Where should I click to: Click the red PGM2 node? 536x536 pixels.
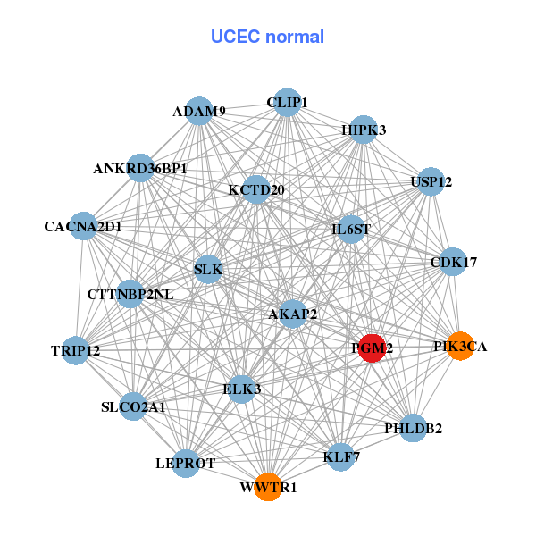(x=372, y=348)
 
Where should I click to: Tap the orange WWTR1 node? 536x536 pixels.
(x=268, y=488)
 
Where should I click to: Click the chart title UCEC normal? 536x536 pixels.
(x=267, y=37)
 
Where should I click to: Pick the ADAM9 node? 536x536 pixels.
(x=200, y=112)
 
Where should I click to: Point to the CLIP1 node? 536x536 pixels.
(x=287, y=103)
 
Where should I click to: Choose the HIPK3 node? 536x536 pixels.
(x=364, y=130)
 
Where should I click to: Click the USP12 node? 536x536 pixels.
(x=431, y=182)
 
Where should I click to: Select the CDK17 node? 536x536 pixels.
(x=454, y=263)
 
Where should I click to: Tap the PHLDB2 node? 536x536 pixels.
(x=413, y=428)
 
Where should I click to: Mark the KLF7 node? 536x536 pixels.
(x=340, y=457)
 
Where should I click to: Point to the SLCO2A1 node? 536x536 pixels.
(x=133, y=406)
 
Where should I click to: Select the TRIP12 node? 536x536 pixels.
(x=76, y=350)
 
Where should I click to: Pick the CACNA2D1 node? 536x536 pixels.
(x=83, y=227)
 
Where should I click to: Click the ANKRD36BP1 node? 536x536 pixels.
(x=140, y=168)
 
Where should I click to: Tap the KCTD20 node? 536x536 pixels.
(x=256, y=189)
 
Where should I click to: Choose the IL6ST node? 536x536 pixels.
(x=351, y=229)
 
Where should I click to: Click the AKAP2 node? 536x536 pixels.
(x=293, y=314)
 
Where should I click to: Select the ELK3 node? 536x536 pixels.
(x=242, y=389)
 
